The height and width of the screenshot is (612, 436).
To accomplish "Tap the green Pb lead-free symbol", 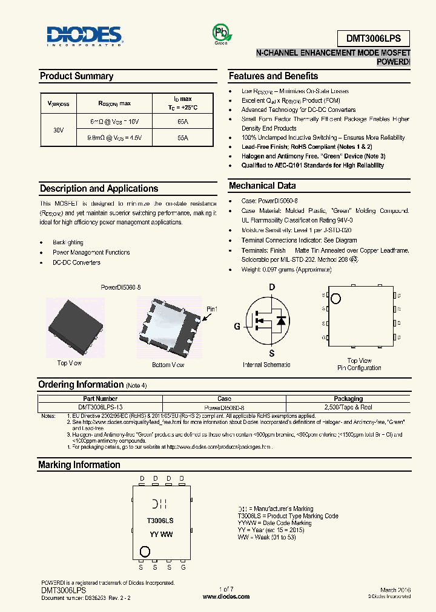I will coord(221,33).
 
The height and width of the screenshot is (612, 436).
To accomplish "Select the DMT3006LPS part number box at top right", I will coord(373,38).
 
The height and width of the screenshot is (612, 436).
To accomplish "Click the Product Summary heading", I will coord(76,76).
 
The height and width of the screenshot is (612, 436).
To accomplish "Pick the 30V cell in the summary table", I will coord(59,130).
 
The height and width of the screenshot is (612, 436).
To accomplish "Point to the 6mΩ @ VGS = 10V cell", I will coord(114,122).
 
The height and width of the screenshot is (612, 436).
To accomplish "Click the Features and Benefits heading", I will coord(273,76).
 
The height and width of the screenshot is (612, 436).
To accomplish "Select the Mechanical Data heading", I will coord(262,186).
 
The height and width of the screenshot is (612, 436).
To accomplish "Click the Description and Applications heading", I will coord(99,189).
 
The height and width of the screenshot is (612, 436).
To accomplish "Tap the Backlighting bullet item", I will coord(68,243).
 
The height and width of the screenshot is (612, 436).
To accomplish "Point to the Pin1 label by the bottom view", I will coord(211,309).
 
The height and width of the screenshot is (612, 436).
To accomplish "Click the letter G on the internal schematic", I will coord(237,327).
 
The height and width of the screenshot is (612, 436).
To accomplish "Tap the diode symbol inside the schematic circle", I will coord(280,321).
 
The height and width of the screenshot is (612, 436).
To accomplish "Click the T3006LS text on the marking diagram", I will coord(160,520).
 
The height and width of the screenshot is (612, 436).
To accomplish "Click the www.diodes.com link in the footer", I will coord(226,596).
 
